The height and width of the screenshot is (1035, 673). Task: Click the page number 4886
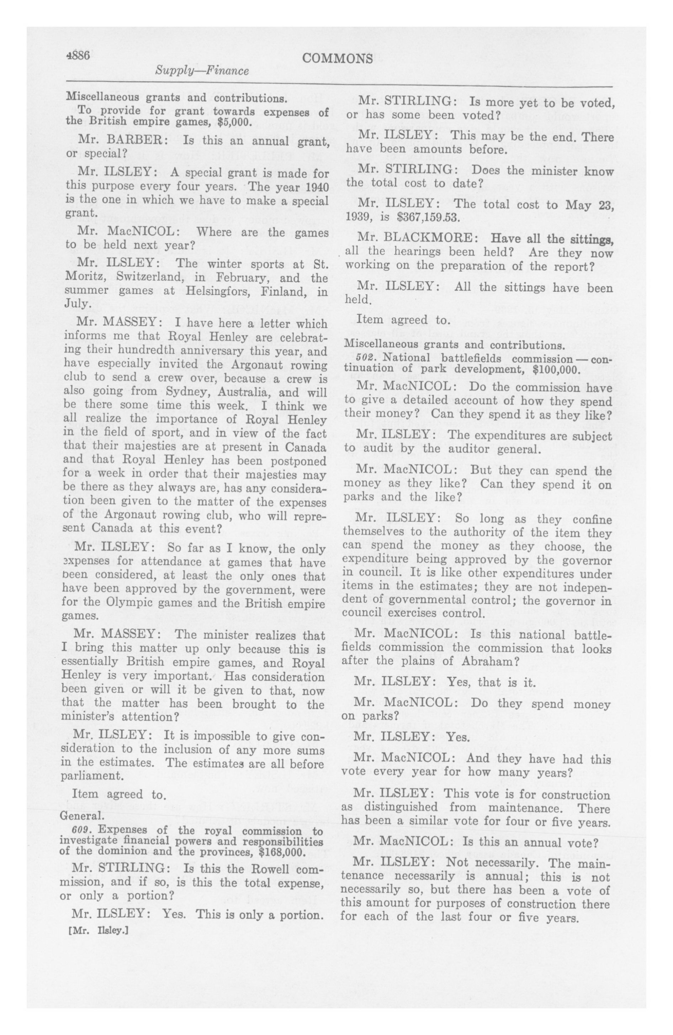[78, 55]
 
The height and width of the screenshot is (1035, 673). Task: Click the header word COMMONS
[337, 59]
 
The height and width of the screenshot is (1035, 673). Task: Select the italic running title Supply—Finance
[202, 71]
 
